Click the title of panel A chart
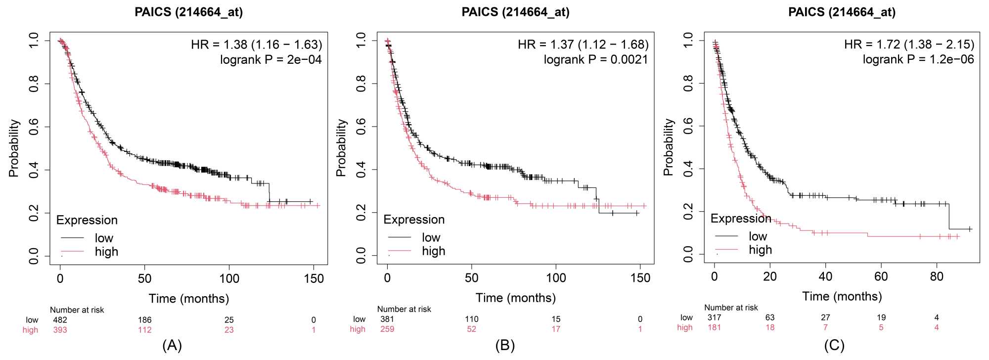point(188,12)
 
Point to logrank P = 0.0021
point(595,60)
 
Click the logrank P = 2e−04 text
point(270,60)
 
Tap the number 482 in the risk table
point(60,320)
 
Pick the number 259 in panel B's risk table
point(387,329)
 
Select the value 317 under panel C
point(714,317)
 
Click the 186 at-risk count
point(144,320)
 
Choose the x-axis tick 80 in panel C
point(937,277)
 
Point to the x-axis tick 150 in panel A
point(314,278)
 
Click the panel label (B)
point(505,346)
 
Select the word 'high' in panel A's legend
point(106,252)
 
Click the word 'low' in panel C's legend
point(758,236)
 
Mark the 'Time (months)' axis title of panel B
point(515,298)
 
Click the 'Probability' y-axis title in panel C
point(668,147)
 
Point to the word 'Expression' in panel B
point(414,220)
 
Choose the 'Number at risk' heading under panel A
point(77,310)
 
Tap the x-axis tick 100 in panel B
point(556,278)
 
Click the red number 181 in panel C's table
point(714,327)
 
